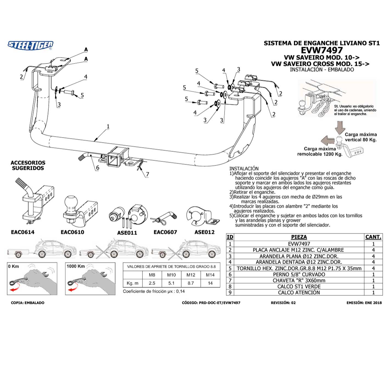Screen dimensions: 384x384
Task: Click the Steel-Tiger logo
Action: (30, 45)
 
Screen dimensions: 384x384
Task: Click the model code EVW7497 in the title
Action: (321, 50)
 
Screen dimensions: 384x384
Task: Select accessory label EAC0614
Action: (23, 232)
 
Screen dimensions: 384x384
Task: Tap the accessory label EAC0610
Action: (72, 232)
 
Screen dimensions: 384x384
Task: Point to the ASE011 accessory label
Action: (127, 233)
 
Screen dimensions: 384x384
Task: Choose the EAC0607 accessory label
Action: (165, 232)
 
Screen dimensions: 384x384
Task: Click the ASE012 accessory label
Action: (204, 232)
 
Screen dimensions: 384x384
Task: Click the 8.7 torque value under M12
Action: (191, 283)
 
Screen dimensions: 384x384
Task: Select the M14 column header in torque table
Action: (210, 275)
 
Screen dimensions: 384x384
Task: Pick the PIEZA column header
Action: (299, 237)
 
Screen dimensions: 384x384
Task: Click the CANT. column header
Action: (373, 237)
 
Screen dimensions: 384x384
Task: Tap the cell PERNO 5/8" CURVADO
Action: (299, 274)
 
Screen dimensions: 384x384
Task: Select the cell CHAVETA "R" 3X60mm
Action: (299, 280)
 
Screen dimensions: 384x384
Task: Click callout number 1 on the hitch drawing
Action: (108, 126)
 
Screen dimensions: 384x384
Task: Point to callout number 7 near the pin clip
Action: (148, 174)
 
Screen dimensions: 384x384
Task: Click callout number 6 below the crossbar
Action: (97, 168)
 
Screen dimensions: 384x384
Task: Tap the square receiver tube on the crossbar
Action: (115, 158)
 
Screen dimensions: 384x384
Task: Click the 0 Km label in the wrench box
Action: (14, 266)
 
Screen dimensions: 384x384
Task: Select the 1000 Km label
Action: (75, 266)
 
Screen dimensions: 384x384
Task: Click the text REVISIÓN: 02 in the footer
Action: (283, 303)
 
